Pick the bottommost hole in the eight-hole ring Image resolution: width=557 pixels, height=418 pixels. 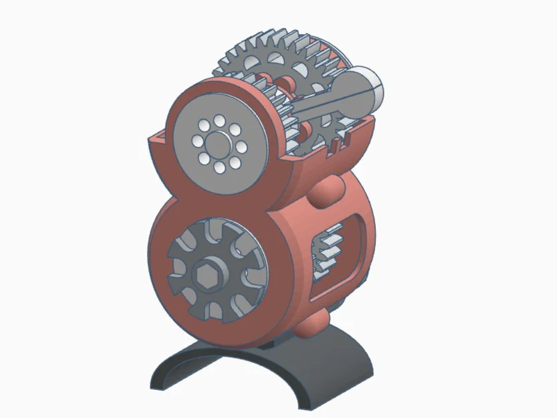219,166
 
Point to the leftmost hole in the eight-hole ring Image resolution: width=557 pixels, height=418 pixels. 197,142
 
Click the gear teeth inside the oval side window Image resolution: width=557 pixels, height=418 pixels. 328,251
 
